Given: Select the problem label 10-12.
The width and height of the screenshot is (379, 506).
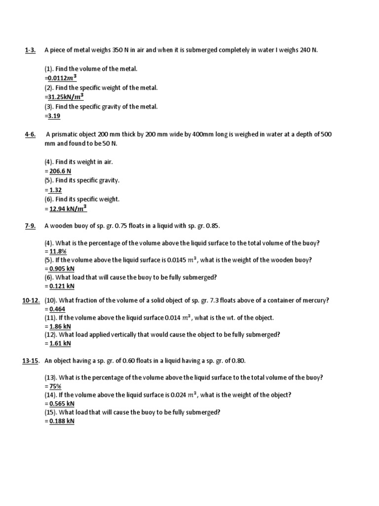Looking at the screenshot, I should tap(31, 300).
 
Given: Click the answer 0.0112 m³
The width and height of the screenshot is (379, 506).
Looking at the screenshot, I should tap(62, 78).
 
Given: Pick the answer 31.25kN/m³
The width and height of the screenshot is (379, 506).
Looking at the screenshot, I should tap(66, 97).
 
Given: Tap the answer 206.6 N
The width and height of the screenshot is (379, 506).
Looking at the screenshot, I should tap(60, 171).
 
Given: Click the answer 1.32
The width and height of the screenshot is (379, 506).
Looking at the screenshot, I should tap(55, 190).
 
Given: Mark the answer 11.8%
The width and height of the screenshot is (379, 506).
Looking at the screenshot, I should tap(57, 251).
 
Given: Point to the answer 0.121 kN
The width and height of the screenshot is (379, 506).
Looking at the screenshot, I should tap(61, 286).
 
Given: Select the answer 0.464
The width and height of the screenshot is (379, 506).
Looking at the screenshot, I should tap(57, 309).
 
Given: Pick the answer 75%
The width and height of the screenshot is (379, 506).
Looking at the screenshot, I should tap(55, 386).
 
